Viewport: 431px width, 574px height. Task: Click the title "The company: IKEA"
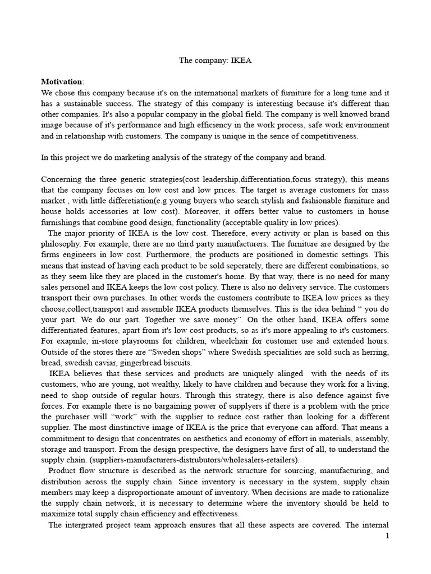pyautogui.click(x=215, y=61)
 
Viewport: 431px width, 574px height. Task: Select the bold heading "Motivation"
pyautogui.click(x=62, y=82)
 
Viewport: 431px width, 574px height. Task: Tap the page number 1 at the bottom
pyautogui.click(x=387, y=536)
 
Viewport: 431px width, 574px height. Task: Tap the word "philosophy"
pyautogui.click(x=61, y=244)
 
